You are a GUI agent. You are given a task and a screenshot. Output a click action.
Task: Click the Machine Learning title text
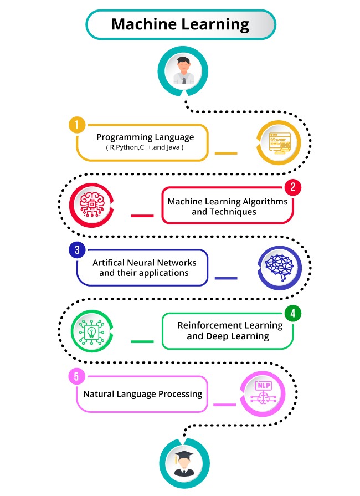click(x=180, y=24)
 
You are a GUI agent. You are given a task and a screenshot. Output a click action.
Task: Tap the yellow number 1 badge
click(x=77, y=125)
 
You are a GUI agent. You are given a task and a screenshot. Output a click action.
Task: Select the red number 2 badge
click(x=292, y=187)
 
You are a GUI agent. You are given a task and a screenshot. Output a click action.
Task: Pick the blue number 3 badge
click(x=77, y=250)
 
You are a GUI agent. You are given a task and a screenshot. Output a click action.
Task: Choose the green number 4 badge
click(x=292, y=313)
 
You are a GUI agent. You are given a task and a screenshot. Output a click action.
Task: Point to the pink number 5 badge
click(x=76, y=376)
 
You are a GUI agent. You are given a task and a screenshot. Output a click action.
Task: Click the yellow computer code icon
click(x=279, y=143)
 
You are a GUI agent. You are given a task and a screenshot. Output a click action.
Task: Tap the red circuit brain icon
click(x=91, y=204)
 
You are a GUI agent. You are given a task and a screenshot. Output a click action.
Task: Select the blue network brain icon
click(x=279, y=267)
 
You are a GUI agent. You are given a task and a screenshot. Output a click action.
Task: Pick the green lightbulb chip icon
click(x=91, y=332)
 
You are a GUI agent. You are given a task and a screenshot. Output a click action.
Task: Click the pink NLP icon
click(x=263, y=392)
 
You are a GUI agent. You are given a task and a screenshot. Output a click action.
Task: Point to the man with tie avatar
click(x=183, y=70)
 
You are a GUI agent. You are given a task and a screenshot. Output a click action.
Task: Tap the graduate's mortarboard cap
click(x=184, y=456)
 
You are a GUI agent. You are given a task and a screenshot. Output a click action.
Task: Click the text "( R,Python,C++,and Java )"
click(x=145, y=147)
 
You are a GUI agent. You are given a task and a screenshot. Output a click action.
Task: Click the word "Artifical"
click(x=109, y=263)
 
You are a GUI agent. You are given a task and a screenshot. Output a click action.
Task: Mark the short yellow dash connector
click(x=225, y=154)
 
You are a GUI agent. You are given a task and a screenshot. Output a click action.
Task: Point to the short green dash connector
click(x=142, y=341)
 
